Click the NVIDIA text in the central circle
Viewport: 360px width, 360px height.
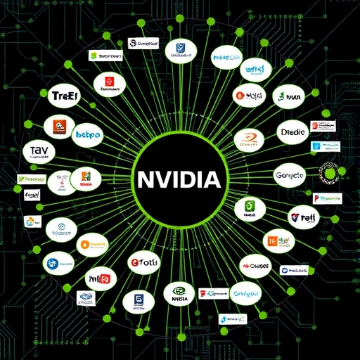pyautogui.click(x=179, y=179)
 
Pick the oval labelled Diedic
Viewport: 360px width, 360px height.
pyautogui.click(x=292, y=131)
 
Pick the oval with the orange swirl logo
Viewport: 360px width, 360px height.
pyautogui.click(x=251, y=139)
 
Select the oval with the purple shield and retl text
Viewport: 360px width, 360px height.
pyautogui.click(x=302, y=218)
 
